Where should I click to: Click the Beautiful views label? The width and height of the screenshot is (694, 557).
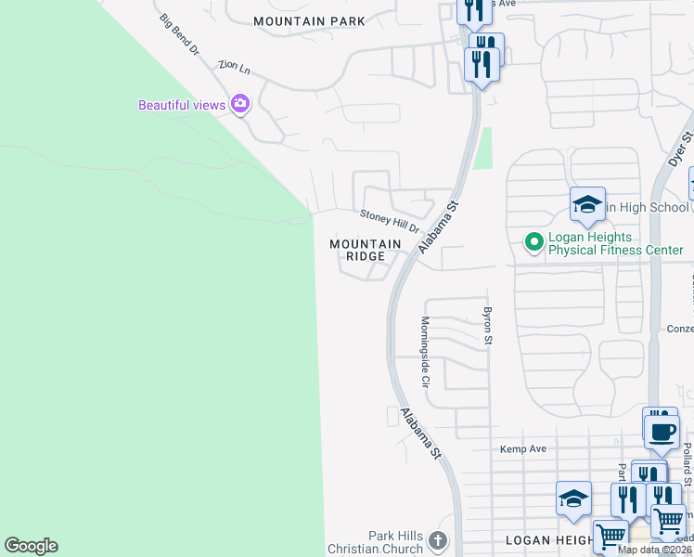(182, 105)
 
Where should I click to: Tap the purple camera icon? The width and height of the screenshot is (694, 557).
(241, 104)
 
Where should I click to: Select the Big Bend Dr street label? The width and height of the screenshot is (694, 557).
(179, 35)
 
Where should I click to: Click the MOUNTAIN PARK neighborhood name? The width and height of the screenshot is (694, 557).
(309, 20)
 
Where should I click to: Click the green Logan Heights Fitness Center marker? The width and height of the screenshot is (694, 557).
(533, 242)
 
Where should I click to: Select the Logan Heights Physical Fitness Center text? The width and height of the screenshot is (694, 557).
(614, 243)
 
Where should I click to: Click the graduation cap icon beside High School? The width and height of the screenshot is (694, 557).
(587, 205)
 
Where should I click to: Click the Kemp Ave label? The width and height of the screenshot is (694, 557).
(523, 449)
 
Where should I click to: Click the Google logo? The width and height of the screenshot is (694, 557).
(31, 546)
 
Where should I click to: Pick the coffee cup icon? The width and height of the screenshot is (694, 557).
(662, 432)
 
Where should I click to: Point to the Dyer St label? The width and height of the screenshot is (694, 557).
(681, 149)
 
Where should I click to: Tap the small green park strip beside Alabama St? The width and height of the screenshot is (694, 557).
(482, 149)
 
